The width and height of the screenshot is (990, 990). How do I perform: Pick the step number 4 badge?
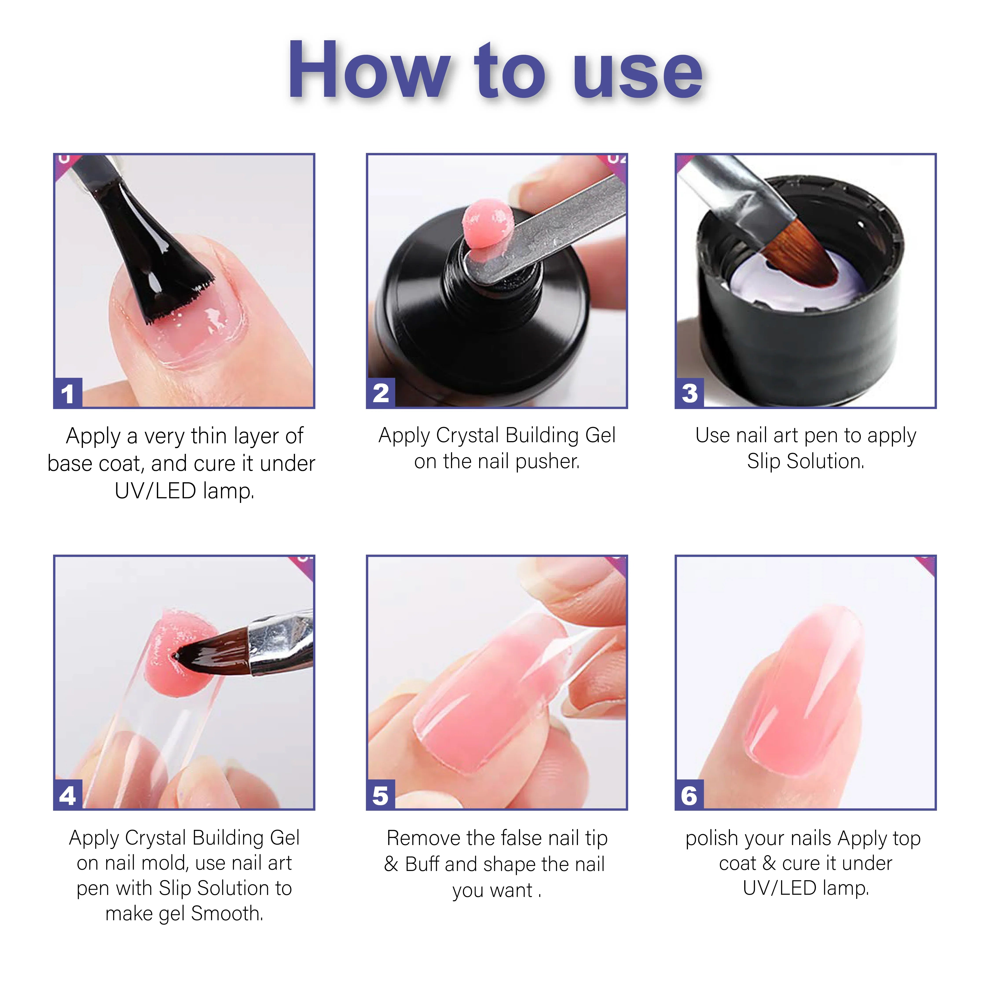coord(68,795)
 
